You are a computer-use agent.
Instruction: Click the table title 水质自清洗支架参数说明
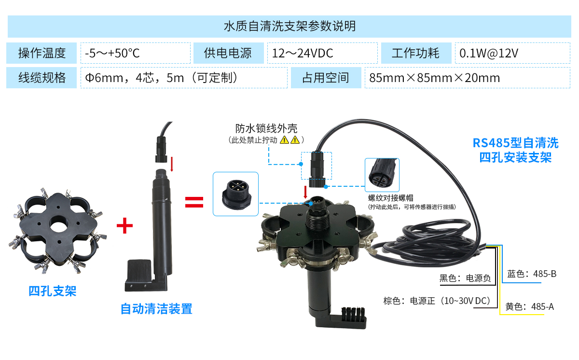tap(289, 26)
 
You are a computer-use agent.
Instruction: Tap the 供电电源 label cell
tap(228, 53)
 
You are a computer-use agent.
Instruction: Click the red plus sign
tap(124, 225)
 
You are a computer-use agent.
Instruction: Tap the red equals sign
tap(194, 202)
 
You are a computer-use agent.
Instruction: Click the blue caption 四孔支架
tap(52, 291)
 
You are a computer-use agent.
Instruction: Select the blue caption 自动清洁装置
tap(156, 309)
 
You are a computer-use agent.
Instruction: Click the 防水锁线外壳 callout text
tap(266, 128)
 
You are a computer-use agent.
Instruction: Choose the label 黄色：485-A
tap(529, 306)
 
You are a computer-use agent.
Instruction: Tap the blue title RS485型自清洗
tap(515, 143)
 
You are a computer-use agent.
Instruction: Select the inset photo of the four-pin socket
tap(235, 194)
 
